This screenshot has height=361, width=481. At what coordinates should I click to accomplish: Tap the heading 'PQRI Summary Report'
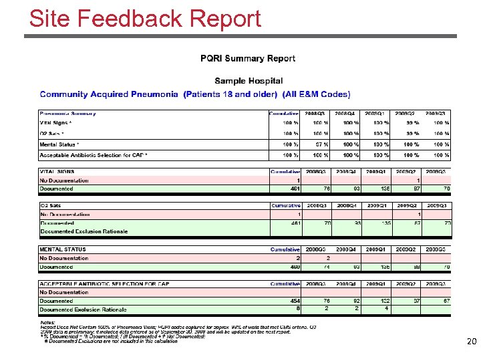tap(248, 59)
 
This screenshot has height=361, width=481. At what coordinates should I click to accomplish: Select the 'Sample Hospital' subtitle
tap(248, 81)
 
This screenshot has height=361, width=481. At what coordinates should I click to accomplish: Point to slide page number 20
tap(471, 342)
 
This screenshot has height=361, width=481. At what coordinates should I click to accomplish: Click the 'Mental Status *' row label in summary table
tap(59, 144)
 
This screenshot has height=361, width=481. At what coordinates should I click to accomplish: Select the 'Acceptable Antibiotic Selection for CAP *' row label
tap(94, 155)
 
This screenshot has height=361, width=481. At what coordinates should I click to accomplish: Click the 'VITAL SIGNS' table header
tap(57, 172)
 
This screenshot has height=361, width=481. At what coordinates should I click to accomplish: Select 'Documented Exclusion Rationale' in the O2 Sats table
tap(84, 231)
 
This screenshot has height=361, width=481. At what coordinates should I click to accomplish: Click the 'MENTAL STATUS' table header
tap(63, 249)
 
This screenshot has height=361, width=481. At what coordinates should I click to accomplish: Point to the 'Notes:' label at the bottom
tap(49, 322)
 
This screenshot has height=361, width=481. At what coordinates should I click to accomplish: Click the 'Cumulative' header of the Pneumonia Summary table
tap(285, 113)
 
